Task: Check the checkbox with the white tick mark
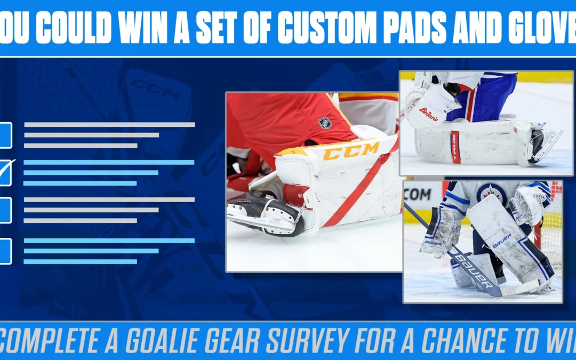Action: click(x=5, y=172)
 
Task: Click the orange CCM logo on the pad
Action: click(x=350, y=152)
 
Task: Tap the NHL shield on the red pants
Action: click(x=324, y=123)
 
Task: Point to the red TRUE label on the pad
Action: click(x=454, y=148)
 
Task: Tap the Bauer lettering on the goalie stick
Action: click(x=474, y=270)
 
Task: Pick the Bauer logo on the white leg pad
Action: click(x=502, y=241)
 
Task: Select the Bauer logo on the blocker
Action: click(x=433, y=243)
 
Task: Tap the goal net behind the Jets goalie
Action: click(x=552, y=224)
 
